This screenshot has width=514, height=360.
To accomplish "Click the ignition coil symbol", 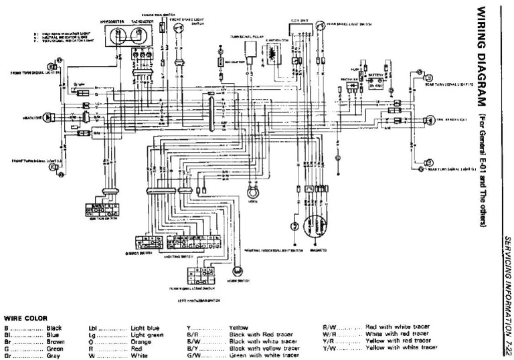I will coord(273,56).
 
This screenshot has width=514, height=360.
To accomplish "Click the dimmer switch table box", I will coord(145,242).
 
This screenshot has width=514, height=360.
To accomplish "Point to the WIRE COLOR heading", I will coord(23,319).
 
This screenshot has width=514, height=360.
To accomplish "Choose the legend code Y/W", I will coord(328,348).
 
